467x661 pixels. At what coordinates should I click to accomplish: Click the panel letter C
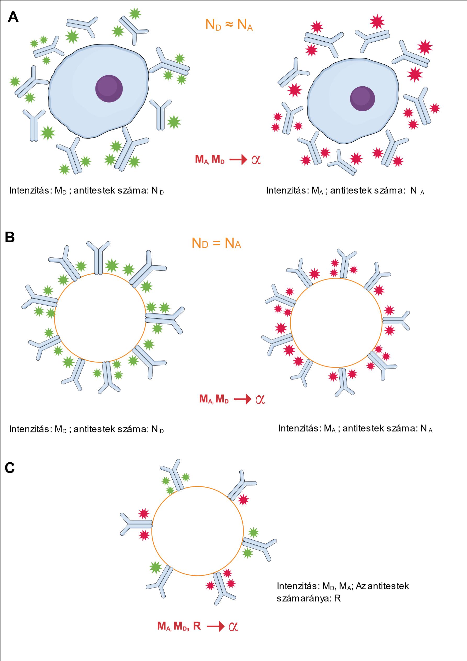click(9, 468)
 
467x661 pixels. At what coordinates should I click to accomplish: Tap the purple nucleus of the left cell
click(109, 89)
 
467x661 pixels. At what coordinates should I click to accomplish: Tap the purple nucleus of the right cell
click(362, 99)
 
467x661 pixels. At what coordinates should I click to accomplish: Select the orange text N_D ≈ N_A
click(229, 25)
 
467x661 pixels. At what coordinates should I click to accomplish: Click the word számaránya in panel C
click(303, 598)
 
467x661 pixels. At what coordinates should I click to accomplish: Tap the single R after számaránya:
click(337, 598)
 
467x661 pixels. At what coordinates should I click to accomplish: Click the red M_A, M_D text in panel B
click(214, 399)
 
